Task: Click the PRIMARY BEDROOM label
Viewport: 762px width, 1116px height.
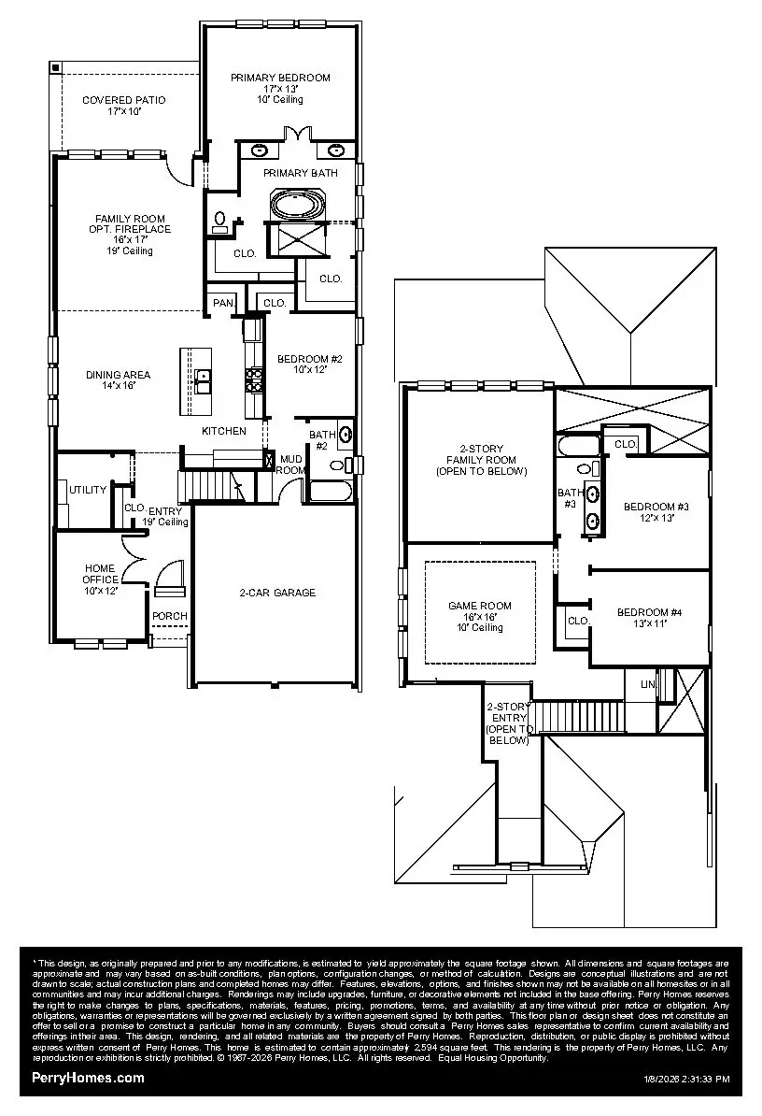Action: [x=280, y=79]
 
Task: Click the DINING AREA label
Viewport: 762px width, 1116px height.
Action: [x=118, y=375]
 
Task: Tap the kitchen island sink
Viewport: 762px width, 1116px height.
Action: [x=203, y=377]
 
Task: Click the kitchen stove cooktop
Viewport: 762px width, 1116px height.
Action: [x=253, y=378]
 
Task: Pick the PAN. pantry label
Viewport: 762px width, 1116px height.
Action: [x=223, y=303]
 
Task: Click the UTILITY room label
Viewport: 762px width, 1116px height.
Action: [x=88, y=490]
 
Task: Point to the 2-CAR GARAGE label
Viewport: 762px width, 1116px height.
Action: [x=277, y=593]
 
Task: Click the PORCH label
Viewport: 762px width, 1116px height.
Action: [x=170, y=617]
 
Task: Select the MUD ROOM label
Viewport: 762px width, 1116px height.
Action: [x=290, y=465]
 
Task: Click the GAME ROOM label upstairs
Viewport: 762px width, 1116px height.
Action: [x=480, y=606]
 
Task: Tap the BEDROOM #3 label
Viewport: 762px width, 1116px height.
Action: [x=656, y=507]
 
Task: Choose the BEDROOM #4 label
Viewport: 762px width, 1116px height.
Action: [x=649, y=612]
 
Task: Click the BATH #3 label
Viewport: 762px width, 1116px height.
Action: [x=569, y=498]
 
